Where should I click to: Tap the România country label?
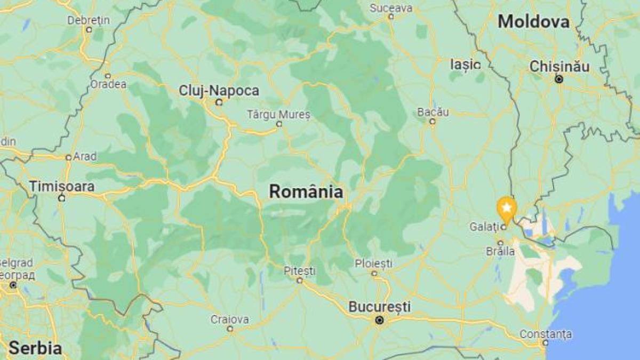click(x=306, y=191)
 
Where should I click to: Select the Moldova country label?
click(x=533, y=22)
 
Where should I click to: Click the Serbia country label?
click(x=35, y=348)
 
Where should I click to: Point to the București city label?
click(x=379, y=307)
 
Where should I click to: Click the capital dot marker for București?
click(x=379, y=321)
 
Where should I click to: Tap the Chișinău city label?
click(x=559, y=67)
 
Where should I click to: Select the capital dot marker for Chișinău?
click(x=559, y=79)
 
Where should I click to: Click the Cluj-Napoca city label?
click(x=219, y=91)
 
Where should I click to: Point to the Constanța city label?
click(x=546, y=334)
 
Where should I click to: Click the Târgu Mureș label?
click(x=278, y=114)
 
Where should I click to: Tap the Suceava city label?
click(x=391, y=8)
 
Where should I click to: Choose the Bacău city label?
click(x=433, y=112)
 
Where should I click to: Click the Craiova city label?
click(x=229, y=319)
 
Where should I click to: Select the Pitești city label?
click(x=299, y=270)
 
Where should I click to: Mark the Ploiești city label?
click(x=374, y=263)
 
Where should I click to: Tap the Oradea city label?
click(x=108, y=84)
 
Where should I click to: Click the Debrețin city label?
click(x=89, y=20)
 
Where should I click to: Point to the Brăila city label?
click(x=501, y=251)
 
